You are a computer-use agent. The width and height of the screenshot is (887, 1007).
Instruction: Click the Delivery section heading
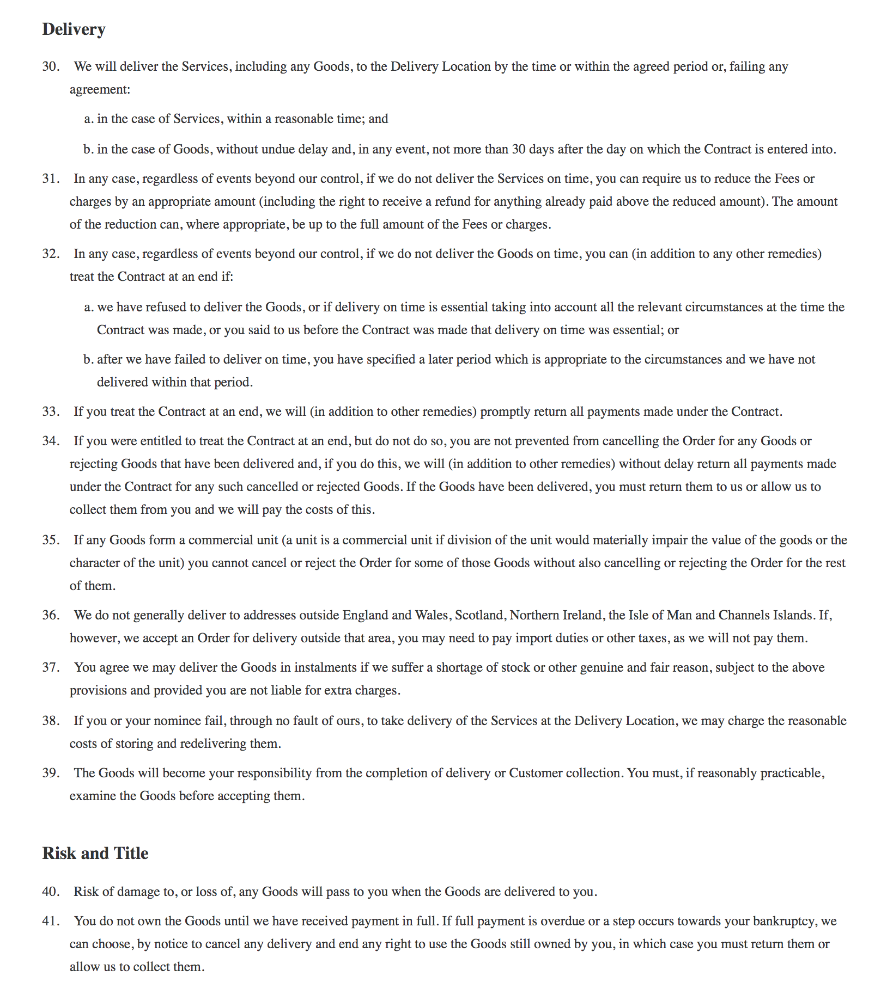coord(74,29)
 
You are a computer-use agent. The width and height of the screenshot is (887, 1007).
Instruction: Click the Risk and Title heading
coord(95,853)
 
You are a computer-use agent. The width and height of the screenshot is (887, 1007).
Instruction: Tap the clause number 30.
coord(51,66)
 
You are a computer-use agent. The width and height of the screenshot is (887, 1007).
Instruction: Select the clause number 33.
coord(51,412)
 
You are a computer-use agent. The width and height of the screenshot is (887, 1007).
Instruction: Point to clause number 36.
coord(51,615)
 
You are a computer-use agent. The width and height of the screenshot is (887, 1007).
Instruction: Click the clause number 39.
coord(51,773)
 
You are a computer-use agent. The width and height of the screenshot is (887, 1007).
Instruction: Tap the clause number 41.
coord(51,921)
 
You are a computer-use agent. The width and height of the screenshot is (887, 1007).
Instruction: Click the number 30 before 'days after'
coord(519,149)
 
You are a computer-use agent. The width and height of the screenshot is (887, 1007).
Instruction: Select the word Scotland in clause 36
coord(479,615)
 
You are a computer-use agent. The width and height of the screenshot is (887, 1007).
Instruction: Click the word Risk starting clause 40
coord(86,892)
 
